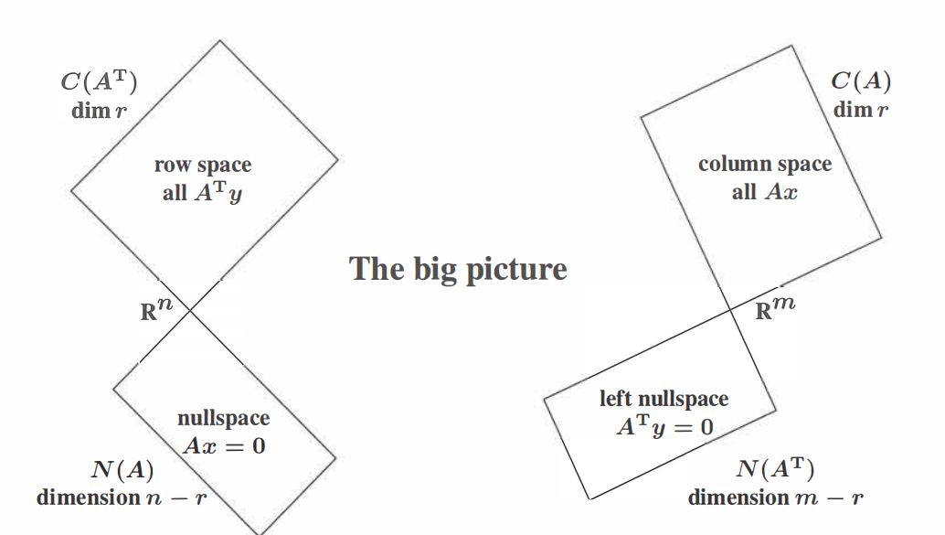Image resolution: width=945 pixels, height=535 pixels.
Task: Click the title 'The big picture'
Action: [x=458, y=269]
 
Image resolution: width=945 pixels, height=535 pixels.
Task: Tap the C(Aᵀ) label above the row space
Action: [x=99, y=81]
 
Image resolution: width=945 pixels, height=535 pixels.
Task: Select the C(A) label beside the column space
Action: [x=861, y=80]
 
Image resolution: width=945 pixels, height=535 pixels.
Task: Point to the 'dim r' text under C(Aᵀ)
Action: [x=99, y=111]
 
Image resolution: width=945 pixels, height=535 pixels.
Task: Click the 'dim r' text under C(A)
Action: [x=861, y=110]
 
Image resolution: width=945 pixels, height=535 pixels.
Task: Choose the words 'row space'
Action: [x=203, y=165]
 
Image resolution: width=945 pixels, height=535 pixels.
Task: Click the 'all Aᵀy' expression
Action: [x=202, y=192]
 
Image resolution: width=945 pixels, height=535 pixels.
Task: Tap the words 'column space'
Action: [x=765, y=164]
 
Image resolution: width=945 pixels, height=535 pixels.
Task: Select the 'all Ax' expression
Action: [x=765, y=192]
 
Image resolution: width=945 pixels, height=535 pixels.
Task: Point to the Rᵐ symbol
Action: [x=775, y=308]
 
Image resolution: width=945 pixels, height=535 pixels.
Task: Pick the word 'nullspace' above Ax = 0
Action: [x=224, y=418]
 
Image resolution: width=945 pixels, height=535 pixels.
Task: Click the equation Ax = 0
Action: [x=224, y=445]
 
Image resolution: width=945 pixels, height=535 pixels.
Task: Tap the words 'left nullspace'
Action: [x=664, y=399]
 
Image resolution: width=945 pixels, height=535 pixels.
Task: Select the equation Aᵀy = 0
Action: [x=664, y=427]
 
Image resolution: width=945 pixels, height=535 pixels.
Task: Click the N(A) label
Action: [x=122, y=469]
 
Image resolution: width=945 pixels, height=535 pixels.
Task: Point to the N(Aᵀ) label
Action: [x=775, y=468]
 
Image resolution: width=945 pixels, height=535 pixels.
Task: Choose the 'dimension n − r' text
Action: [x=122, y=498]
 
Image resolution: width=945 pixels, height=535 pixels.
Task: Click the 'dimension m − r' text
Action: [x=776, y=498]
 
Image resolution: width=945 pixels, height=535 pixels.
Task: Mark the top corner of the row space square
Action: [x=220, y=40]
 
